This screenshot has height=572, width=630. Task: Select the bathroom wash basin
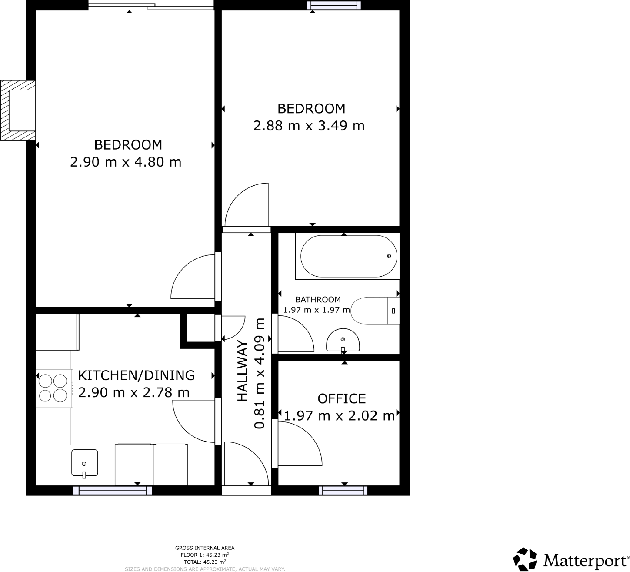point(343,341)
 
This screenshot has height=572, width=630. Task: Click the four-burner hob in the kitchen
point(53,388)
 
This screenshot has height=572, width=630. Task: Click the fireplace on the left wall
point(19,110)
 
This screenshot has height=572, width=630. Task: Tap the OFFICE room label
point(341,398)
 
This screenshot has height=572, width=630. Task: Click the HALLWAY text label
point(243,371)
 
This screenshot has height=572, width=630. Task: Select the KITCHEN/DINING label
point(136,375)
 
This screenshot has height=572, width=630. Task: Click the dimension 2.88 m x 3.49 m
point(309,126)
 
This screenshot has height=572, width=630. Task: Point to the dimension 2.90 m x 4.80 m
point(126,162)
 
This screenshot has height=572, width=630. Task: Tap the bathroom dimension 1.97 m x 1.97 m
point(317,310)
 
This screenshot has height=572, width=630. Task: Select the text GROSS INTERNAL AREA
point(204,548)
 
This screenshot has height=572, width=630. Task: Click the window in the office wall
point(343,491)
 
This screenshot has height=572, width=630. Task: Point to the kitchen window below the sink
point(113,491)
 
